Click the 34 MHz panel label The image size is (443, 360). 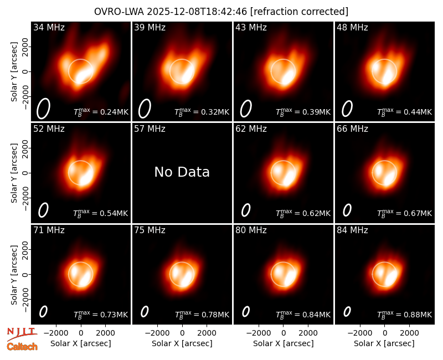(x=49, y=27)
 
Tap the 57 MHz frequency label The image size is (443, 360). (x=150, y=129)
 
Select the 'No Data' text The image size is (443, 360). (x=182, y=172)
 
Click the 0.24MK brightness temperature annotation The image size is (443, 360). (x=101, y=112)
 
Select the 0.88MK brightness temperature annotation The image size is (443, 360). (x=405, y=314)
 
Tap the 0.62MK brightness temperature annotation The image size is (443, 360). (x=303, y=213)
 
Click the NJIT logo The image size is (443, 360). (x=22, y=334)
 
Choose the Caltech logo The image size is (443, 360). (x=22, y=347)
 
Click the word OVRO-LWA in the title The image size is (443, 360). (x=119, y=12)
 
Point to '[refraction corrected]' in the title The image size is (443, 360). (x=300, y=12)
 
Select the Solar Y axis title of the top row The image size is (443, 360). (x=14, y=72)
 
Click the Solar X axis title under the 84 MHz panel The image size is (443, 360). (x=384, y=343)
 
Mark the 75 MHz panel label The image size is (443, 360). (x=150, y=230)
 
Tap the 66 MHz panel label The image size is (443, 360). (x=352, y=129)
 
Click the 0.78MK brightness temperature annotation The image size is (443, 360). (x=202, y=314)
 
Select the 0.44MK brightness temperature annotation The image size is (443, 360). (x=405, y=112)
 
